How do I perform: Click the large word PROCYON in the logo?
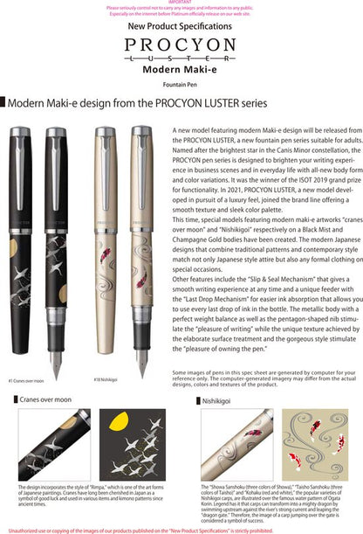[181, 45]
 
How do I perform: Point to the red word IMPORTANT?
[181, 3]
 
